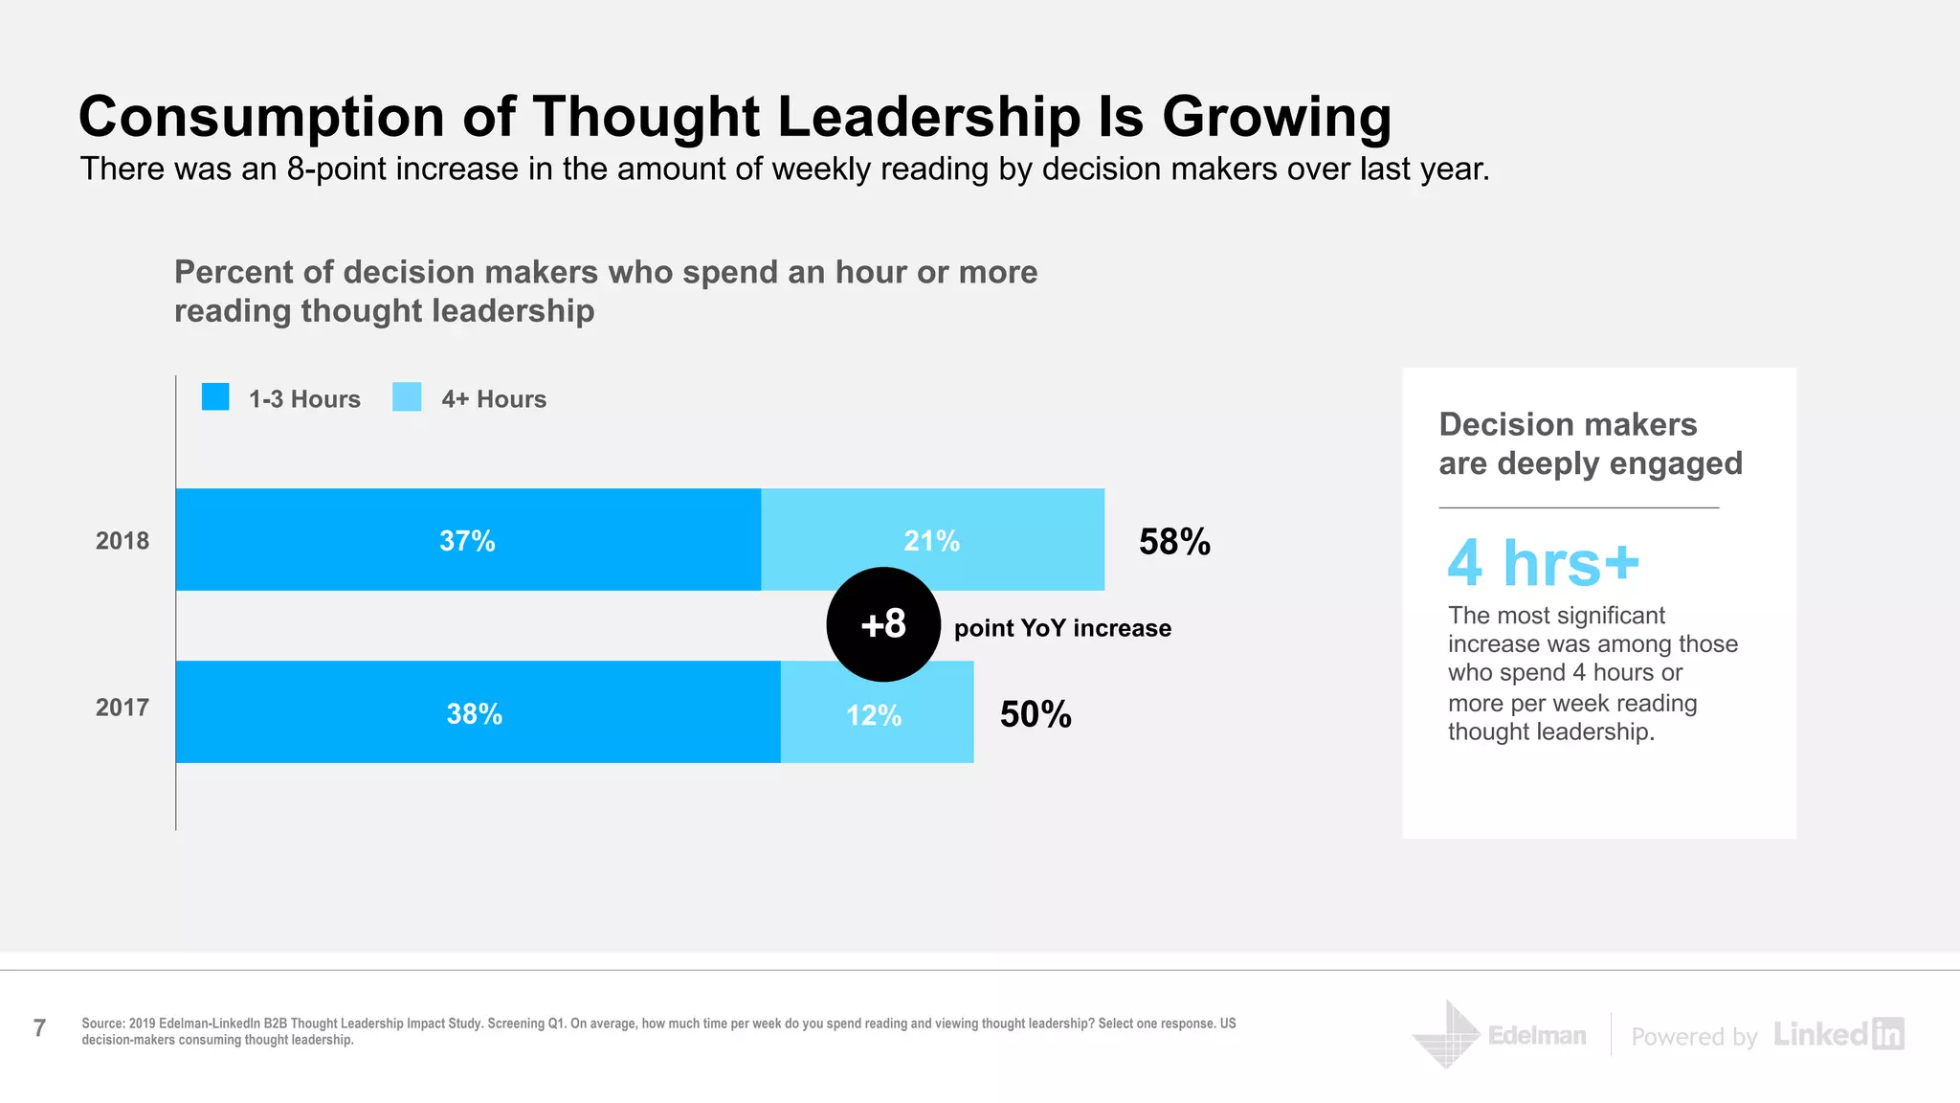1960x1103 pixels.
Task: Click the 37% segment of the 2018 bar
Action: pyautogui.click(x=468, y=540)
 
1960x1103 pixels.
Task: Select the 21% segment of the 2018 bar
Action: pyautogui.click(x=932, y=540)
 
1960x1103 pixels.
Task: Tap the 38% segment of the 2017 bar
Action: pyautogui.click(x=476, y=712)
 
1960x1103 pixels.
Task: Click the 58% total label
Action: pyautogui.click(x=1174, y=542)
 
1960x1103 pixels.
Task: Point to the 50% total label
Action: pyautogui.click(x=1036, y=714)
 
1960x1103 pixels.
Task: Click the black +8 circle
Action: pyautogui.click(x=882, y=624)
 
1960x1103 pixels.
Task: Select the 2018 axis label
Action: pyautogui.click(x=122, y=541)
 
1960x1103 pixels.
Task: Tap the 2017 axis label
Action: pyautogui.click(x=122, y=708)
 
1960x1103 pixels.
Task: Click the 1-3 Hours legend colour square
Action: pyautogui.click(x=215, y=397)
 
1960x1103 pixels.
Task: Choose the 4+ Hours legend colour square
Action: pyautogui.click(x=407, y=397)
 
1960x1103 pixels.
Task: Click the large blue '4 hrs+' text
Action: pyautogui.click(x=1543, y=563)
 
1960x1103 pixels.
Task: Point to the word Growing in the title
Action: pyautogui.click(x=1277, y=117)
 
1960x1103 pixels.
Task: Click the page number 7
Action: pyautogui.click(x=39, y=1028)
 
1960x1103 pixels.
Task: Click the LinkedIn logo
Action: pyautogui.click(x=1838, y=1034)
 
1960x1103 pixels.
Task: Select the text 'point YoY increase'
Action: pyautogui.click(x=1062, y=628)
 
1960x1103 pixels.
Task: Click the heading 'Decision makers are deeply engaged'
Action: pyautogui.click(x=1590, y=444)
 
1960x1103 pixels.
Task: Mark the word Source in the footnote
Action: pyautogui.click(x=102, y=1024)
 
